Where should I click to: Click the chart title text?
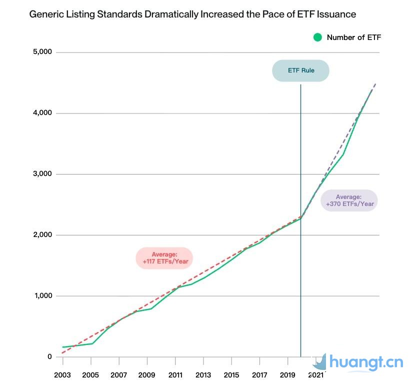click(x=192, y=14)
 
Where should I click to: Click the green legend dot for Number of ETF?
click(x=317, y=37)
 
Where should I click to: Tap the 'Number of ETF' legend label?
click(x=354, y=37)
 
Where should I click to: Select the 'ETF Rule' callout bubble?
click(x=300, y=70)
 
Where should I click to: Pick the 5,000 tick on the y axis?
click(x=42, y=52)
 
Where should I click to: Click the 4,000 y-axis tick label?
click(x=42, y=113)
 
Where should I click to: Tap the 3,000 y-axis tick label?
click(x=42, y=174)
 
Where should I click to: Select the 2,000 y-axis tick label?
click(x=42, y=235)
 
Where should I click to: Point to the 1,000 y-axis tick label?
click(x=42, y=296)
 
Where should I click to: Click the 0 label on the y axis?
click(x=49, y=357)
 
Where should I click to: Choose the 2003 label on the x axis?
click(x=62, y=375)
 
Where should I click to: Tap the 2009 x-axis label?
click(x=146, y=375)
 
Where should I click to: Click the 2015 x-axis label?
click(x=231, y=375)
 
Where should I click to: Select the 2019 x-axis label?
click(x=287, y=375)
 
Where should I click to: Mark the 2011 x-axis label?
click(x=175, y=375)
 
